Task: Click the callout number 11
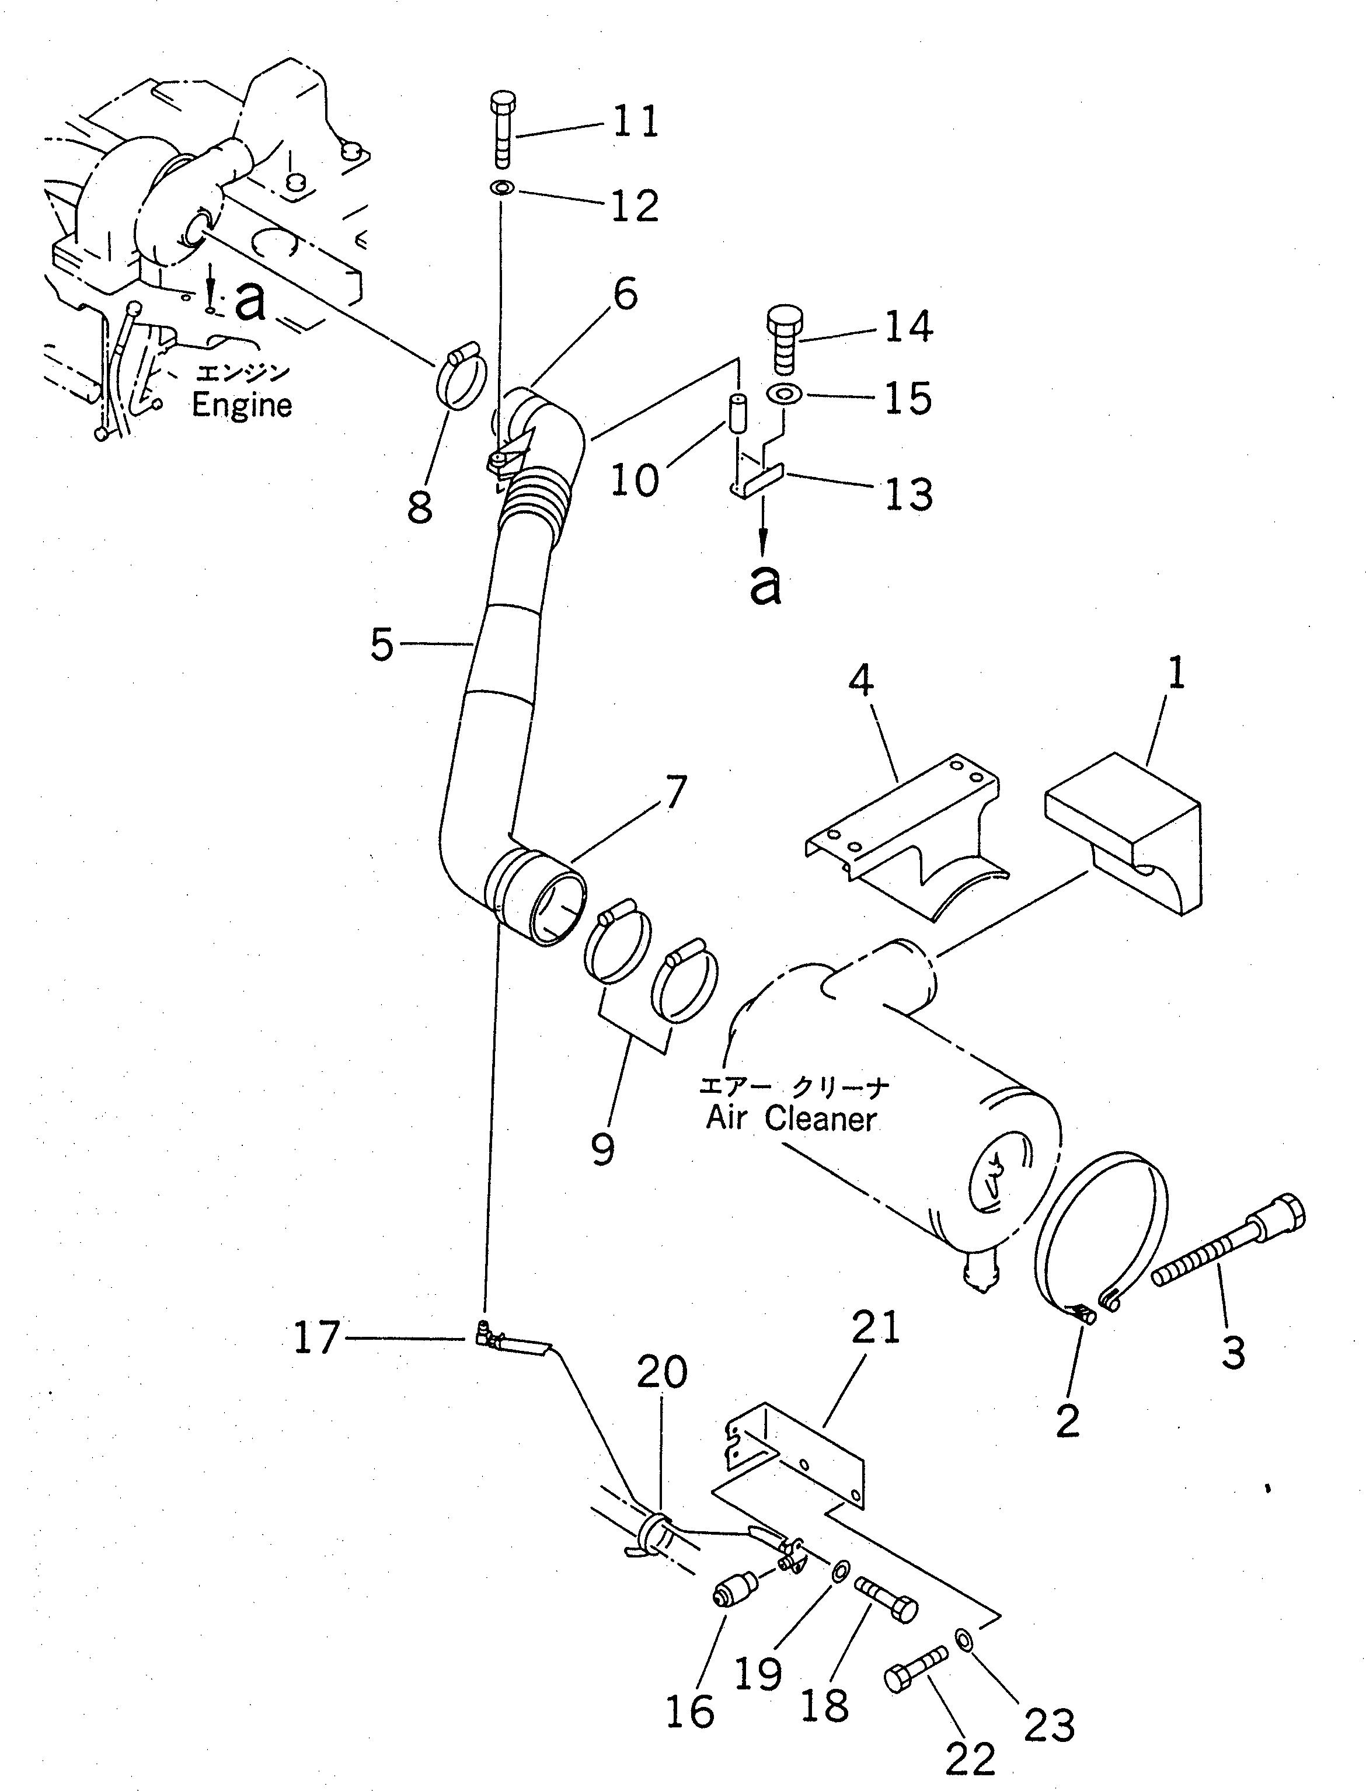pos(635,121)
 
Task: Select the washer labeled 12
pos(501,189)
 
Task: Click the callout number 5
pos(381,644)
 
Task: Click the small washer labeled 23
pos(963,1636)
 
